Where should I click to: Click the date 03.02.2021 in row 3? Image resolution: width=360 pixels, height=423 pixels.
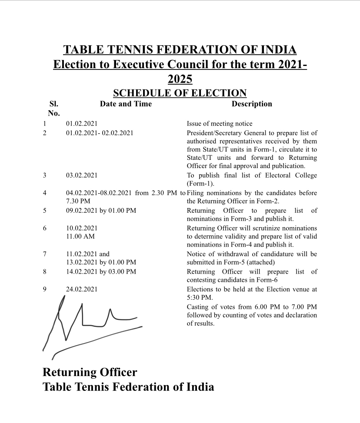tap(82, 175)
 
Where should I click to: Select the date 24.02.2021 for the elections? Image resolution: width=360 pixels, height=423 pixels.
tap(82, 289)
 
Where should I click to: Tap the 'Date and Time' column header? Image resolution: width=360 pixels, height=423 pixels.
tap(126, 104)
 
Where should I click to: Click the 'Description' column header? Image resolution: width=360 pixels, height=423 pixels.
tap(252, 104)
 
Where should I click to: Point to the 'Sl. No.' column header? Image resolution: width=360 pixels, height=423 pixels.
tap(53, 109)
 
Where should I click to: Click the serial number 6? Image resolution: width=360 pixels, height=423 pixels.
tap(45, 228)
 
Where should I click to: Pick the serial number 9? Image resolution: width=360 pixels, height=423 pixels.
tap(45, 289)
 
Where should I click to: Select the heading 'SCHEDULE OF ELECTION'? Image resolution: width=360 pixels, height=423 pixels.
tap(180, 93)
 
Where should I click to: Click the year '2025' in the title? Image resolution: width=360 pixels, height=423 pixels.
tap(180, 79)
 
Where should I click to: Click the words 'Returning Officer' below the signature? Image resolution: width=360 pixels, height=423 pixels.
tap(90, 372)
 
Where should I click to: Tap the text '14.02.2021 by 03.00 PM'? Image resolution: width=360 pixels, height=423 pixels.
tap(101, 272)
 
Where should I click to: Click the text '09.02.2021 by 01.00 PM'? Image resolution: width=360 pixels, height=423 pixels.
tap(101, 211)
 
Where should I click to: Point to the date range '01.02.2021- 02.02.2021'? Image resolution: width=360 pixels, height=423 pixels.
tap(100, 133)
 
